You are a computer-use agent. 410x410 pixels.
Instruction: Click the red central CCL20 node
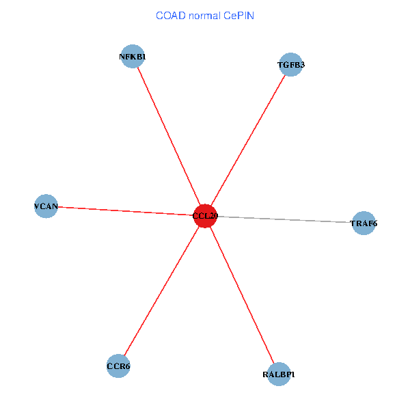205,216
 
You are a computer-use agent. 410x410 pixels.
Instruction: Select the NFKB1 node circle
132,57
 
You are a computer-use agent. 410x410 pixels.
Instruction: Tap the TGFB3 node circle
291,65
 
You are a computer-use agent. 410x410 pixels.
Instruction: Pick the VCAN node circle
46,206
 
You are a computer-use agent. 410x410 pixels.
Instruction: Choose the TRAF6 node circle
364,223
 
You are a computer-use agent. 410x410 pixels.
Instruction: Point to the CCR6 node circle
118,366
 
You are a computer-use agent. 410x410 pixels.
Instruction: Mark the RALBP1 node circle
279,374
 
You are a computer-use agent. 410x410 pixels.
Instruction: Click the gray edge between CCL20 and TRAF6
287,220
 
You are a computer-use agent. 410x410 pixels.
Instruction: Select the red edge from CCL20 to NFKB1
169,137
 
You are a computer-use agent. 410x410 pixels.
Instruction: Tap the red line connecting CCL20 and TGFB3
248,140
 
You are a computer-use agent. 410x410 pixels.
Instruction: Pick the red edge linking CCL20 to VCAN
126,210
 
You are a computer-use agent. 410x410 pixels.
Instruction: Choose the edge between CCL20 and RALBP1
242,295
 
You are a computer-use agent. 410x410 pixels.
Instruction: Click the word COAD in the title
171,15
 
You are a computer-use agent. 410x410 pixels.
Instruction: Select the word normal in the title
206,15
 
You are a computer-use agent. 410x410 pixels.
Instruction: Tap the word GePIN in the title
239,15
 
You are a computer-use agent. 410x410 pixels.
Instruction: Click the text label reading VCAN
46,206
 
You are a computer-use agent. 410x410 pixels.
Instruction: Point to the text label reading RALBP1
279,374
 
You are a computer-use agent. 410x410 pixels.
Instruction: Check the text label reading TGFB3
291,65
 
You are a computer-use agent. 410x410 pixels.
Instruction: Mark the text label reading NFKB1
132,57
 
